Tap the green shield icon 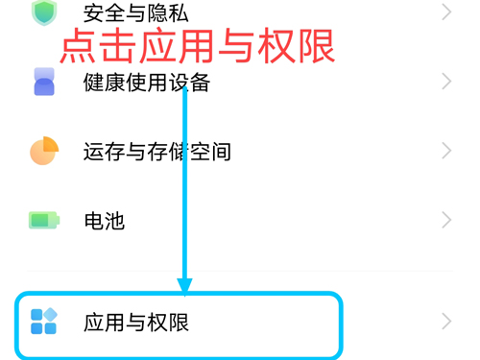(x=44, y=12)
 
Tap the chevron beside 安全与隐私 (x=446, y=12)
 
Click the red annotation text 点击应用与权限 (x=198, y=46)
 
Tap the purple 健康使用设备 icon (x=44, y=82)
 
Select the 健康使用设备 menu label (x=146, y=83)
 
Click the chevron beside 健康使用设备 (x=446, y=82)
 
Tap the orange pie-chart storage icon (x=44, y=152)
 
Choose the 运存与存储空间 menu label (x=156, y=152)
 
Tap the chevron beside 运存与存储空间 (x=446, y=152)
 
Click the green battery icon (x=44, y=221)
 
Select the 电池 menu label (x=104, y=221)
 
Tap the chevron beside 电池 (x=446, y=221)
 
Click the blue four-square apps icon (x=44, y=321)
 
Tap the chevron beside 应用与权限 (x=446, y=321)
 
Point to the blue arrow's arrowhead (x=185, y=285)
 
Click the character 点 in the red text (x=77, y=46)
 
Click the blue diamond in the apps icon (x=51, y=314)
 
